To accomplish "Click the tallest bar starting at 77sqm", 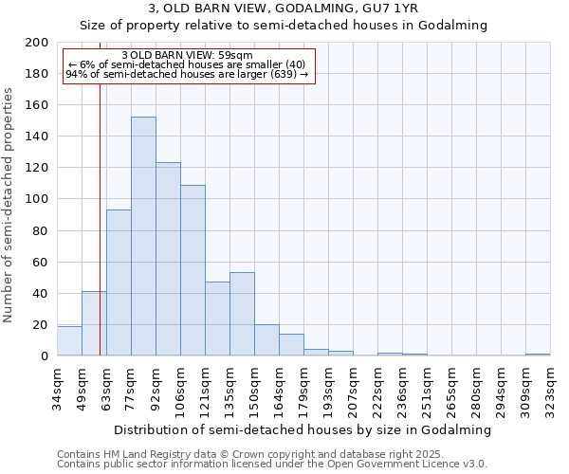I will [143, 237].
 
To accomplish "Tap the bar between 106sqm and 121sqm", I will [193, 271].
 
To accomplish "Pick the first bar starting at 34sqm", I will [69, 341].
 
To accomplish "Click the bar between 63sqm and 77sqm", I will [119, 283].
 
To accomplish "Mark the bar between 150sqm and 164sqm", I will [266, 340].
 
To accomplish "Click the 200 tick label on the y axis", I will [37, 43].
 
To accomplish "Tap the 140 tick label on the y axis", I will [37, 137].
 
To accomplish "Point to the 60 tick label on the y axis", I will [41, 262].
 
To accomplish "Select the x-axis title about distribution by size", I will [303, 429].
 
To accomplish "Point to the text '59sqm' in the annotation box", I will [235, 55].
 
